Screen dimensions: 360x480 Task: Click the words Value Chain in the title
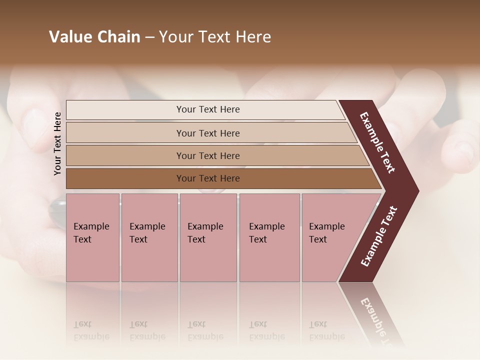pos(94,37)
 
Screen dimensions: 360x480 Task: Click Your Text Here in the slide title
pos(215,37)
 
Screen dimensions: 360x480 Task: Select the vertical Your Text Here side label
pos(57,143)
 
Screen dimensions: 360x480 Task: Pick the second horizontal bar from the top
pos(207,133)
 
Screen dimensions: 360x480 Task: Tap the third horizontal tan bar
pos(207,155)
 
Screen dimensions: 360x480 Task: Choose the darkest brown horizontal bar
pos(207,178)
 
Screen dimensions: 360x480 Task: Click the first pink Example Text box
pos(92,237)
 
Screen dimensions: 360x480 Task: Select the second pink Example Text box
pos(149,237)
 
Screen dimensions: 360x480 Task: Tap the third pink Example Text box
pos(208,237)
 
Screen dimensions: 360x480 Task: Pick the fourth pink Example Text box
pos(269,237)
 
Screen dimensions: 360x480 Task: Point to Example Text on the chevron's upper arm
pos(378,143)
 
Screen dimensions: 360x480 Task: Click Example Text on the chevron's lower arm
pos(379,236)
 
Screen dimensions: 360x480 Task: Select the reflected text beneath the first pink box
pos(91,330)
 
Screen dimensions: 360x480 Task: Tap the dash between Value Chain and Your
pos(149,37)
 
